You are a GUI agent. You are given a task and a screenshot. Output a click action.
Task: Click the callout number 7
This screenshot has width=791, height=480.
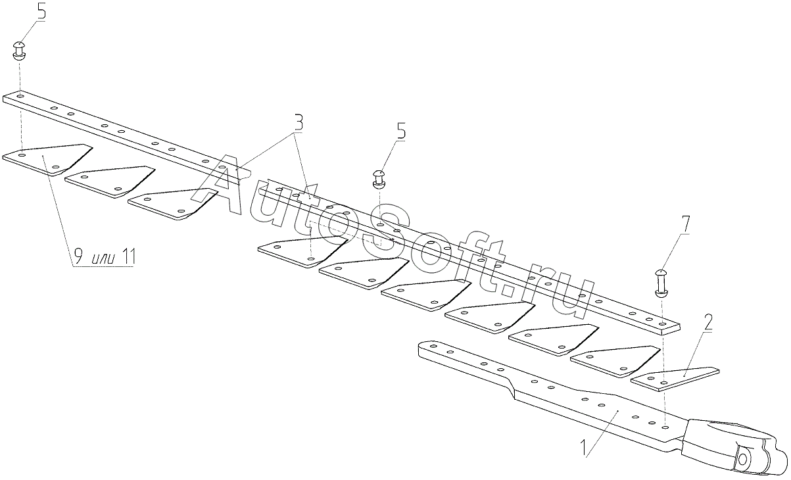[685, 225]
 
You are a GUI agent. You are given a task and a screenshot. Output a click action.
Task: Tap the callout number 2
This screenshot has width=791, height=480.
[707, 324]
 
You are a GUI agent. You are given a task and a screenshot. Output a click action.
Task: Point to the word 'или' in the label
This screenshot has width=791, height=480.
[103, 259]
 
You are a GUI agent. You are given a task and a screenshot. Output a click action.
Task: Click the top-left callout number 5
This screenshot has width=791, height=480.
[41, 12]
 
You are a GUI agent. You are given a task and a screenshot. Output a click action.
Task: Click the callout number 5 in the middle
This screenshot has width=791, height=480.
[401, 132]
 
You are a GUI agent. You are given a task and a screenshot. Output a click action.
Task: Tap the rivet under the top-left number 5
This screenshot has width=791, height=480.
[20, 51]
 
